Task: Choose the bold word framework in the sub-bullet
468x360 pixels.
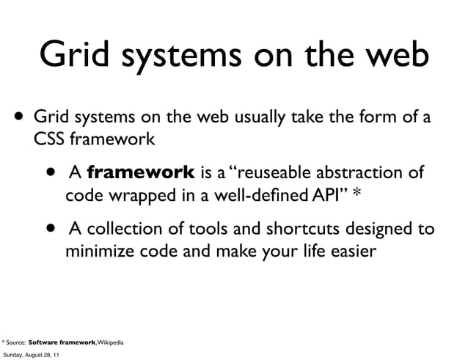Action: click(x=140, y=174)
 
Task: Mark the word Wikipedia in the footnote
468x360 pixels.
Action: click(x=108, y=342)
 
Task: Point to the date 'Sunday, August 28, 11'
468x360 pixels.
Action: click(x=32, y=355)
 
